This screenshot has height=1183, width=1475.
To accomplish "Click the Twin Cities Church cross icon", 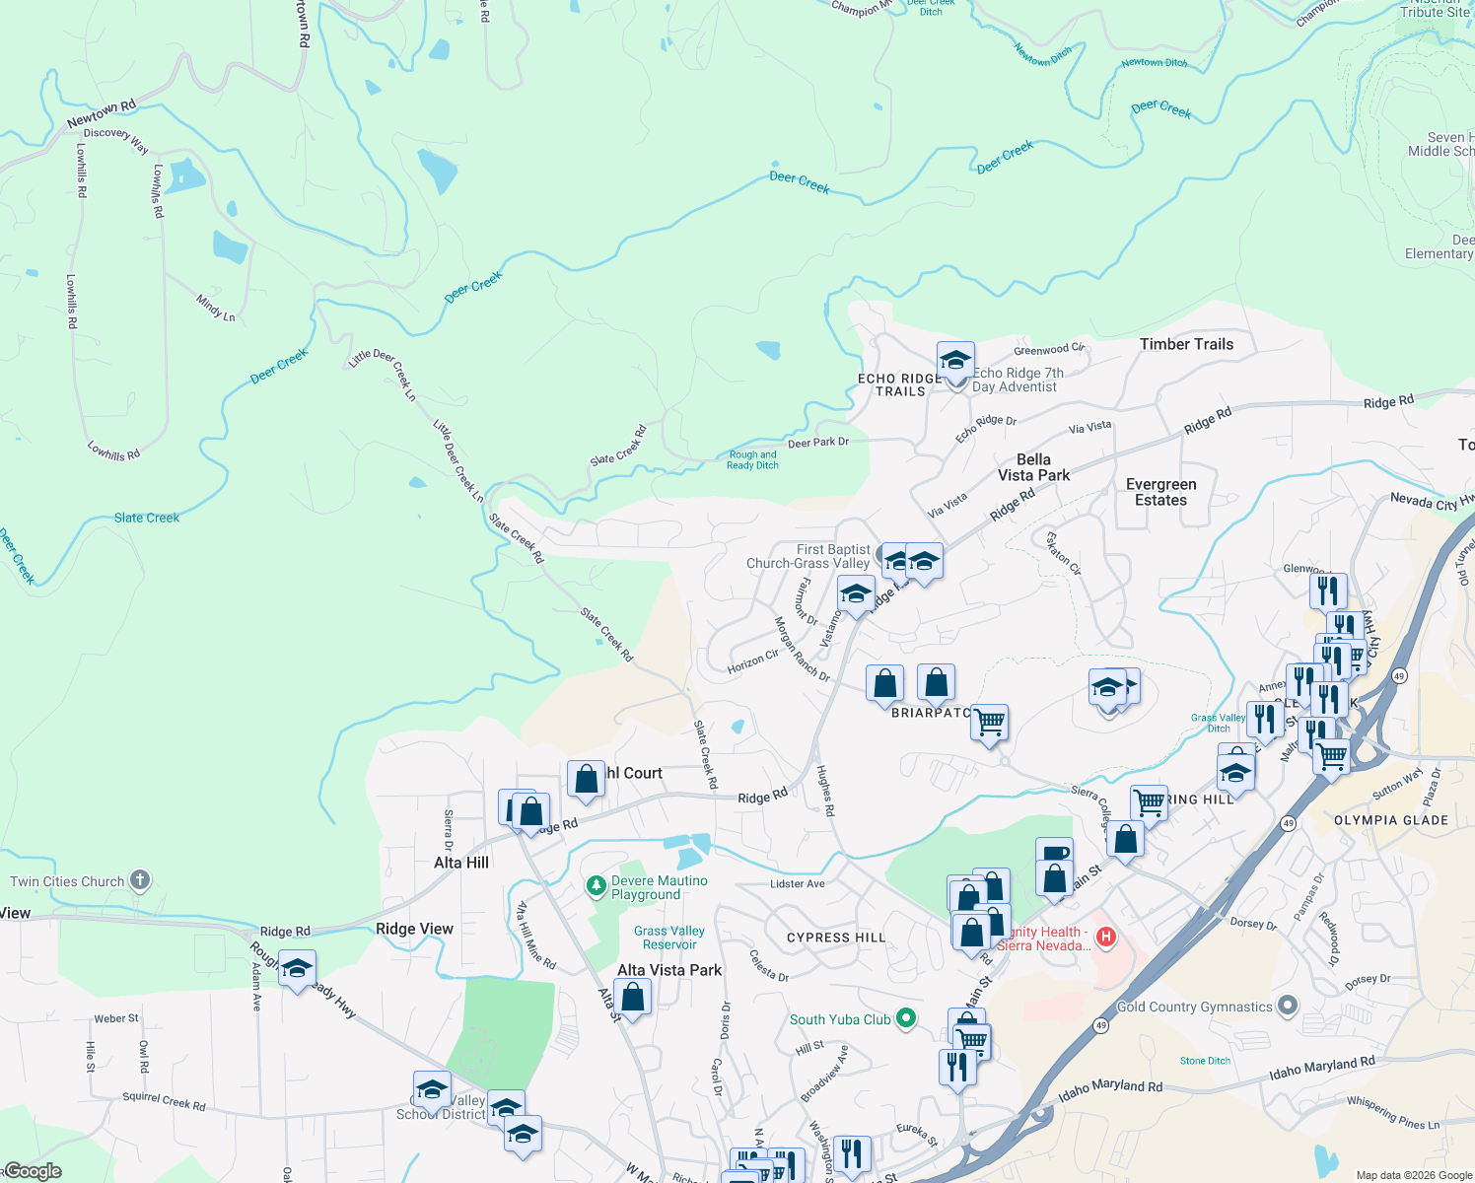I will [140, 880].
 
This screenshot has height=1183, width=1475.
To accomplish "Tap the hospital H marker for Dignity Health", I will [1106, 937].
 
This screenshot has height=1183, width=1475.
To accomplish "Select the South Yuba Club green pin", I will [906, 1018].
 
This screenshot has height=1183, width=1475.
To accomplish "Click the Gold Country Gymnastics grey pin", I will [1287, 1007].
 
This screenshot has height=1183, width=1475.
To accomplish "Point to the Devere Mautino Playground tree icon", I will [596, 886].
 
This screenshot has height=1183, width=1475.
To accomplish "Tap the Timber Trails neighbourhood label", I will [1186, 344].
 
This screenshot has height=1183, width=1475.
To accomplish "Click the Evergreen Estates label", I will [1161, 492].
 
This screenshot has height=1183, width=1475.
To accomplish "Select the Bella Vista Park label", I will [1033, 467].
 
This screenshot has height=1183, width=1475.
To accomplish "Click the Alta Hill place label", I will [461, 863].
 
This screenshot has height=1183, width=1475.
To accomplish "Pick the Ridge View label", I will [414, 929].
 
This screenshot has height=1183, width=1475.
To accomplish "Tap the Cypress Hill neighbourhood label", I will [836, 938].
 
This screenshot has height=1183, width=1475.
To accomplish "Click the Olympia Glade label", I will [1391, 820].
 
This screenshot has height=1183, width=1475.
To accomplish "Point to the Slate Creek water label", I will [147, 518].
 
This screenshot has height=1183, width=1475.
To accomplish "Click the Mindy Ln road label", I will [216, 308].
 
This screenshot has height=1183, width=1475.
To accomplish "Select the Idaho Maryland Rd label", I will [1321, 1069].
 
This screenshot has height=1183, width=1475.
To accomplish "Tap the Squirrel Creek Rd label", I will [164, 1101].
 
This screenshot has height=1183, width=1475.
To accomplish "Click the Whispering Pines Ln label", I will [1392, 1113].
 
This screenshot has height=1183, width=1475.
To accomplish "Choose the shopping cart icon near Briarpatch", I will [990, 722].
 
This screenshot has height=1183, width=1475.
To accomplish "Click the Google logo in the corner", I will [33, 1171].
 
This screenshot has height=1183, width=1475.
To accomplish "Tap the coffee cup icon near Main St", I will [1054, 852].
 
